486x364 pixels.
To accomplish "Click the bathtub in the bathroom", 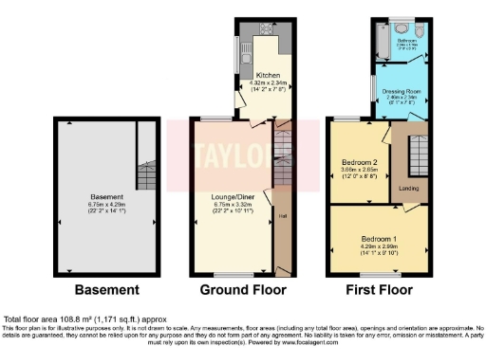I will click(x=381, y=45).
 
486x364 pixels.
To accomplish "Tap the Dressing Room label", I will click(x=402, y=91).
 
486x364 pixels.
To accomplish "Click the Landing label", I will click(x=410, y=187).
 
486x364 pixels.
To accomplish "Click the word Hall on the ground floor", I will click(x=282, y=216).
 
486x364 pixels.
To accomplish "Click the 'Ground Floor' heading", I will click(x=236, y=289).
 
